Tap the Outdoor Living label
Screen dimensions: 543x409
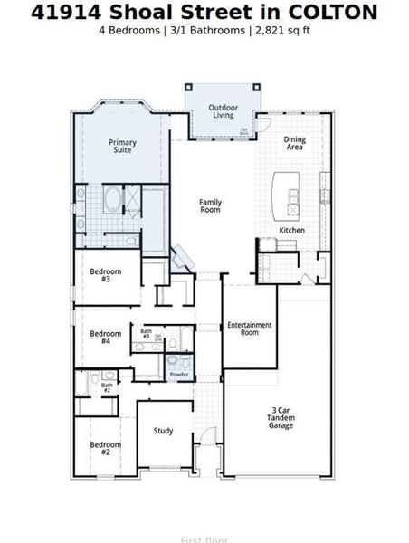tap(224, 111)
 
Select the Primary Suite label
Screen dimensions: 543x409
tap(122, 146)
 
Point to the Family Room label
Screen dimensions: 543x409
tap(211, 205)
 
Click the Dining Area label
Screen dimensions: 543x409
tap(295, 143)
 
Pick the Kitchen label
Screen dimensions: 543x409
tap(291, 231)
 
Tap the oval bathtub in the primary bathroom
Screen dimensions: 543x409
tap(114, 200)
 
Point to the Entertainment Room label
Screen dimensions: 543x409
tap(243, 329)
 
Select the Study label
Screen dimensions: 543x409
tap(163, 431)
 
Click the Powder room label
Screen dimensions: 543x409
tap(179, 374)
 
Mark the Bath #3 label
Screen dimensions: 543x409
tap(146, 334)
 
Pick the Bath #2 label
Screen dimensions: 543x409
tap(106, 387)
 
